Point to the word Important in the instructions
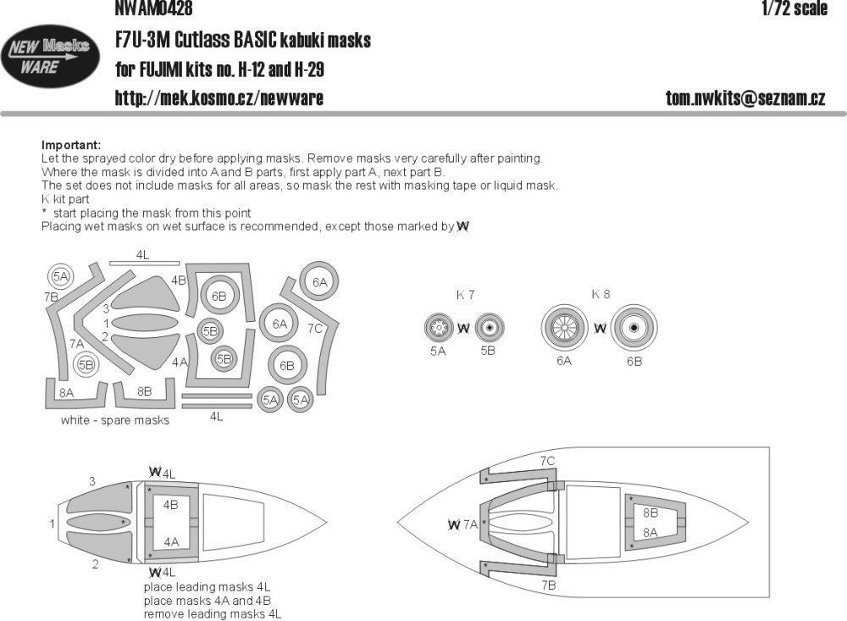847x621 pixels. [x=70, y=146]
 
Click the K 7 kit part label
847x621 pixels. [x=465, y=295]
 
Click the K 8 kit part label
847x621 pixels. [x=601, y=295]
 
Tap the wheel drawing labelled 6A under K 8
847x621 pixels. [x=564, y=328]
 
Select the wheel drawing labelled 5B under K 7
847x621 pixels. [x=488, y=327]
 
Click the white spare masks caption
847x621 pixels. [x=114, y=420]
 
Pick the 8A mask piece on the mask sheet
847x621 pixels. [x=67, y=392]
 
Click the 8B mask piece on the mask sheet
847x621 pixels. [x=144, y=392]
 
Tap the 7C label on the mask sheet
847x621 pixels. [x=316, y=327]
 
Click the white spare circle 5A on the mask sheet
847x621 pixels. [x=60, y=277]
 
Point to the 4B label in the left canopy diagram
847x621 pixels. [x=170, y=505]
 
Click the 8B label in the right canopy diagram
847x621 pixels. [x=650, y=513]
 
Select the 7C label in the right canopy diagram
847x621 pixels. [x=547, y=460]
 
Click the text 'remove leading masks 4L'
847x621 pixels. [x=212, y=613]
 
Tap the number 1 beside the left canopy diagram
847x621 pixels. [x=53, y=524]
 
